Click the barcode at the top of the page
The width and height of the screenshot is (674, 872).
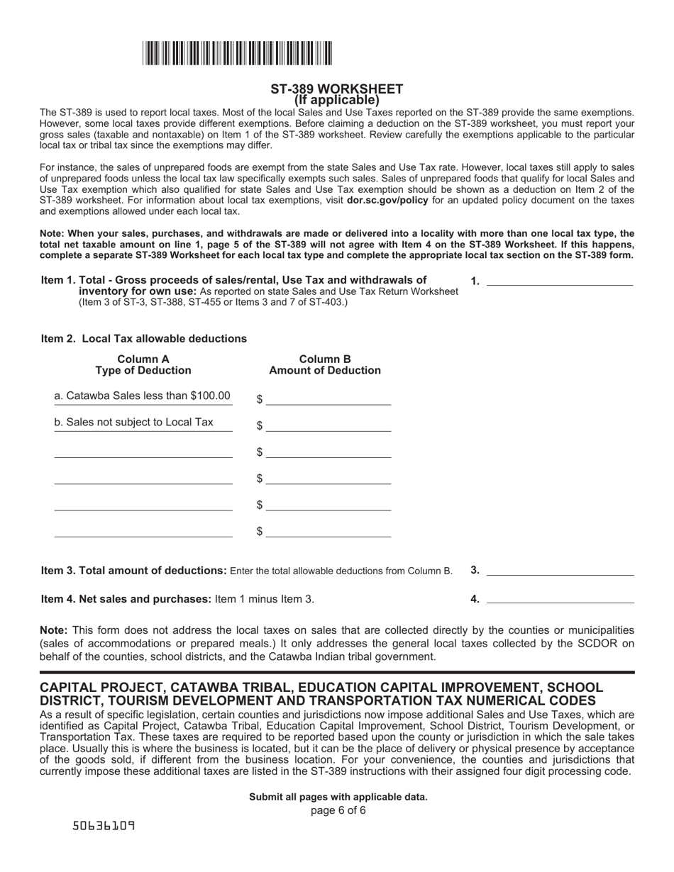237,54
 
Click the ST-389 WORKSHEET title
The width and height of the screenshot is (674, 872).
336,89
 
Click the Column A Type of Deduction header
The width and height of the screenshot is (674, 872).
143,364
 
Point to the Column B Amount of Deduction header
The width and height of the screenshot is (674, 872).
325,364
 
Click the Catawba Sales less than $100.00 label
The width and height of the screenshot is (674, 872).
143,396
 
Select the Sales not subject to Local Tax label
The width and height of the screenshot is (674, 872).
134,423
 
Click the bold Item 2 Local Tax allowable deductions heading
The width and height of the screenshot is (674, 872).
144,339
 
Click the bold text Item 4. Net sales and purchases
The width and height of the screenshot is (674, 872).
126,599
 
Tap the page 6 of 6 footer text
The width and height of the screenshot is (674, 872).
338,810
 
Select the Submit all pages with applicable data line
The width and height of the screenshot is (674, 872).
338,797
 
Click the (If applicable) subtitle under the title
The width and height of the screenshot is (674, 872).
336,100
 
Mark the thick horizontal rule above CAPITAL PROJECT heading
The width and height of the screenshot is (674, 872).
337,671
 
